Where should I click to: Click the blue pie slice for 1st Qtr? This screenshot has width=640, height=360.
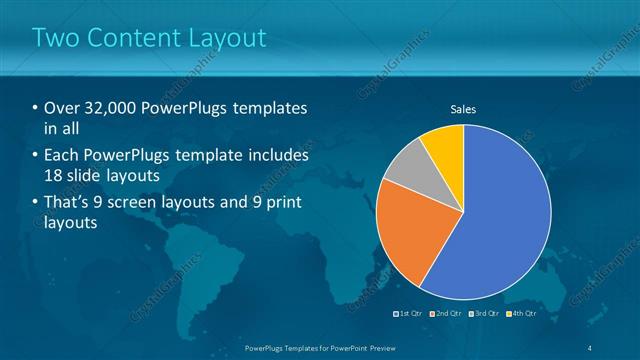click(x=500, y=215)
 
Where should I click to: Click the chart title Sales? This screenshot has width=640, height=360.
click(x=463, y=108)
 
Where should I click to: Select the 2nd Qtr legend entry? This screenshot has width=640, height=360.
click(x=445, y=314)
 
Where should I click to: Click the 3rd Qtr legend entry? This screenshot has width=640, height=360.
click(x=484, y=314)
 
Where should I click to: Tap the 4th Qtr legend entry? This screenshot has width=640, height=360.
click(x=523, y=314)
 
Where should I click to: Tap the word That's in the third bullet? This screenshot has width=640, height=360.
click(x=67, y=204)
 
